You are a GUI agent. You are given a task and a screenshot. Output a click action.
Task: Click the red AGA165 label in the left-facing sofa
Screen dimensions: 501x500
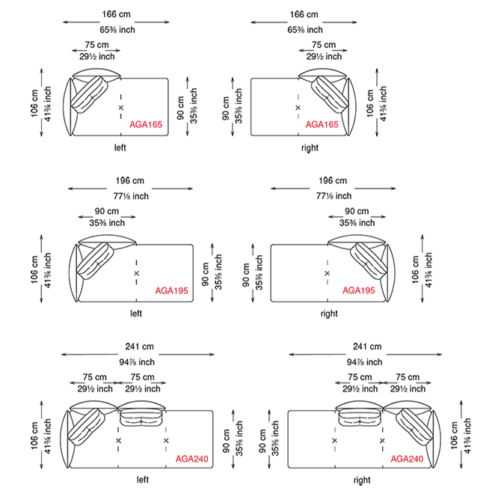point(146,124)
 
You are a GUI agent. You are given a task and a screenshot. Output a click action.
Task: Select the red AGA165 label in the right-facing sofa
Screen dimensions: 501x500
point(322,124)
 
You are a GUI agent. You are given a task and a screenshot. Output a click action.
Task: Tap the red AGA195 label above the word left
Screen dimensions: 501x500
point(171,290)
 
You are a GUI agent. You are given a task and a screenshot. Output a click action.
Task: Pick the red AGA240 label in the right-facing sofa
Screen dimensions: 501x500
point(407,459)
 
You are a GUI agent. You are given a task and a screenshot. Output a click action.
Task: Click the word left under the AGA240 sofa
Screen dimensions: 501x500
point(143,480)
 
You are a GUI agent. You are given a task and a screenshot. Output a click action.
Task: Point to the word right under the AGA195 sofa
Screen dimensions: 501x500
point(329,314)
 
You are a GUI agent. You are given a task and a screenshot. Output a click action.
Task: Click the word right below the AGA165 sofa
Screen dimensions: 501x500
point(310,147)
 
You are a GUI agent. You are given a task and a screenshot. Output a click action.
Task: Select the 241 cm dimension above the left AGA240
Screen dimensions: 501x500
point(139,347)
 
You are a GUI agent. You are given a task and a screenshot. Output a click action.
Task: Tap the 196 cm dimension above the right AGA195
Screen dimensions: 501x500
point(333,180)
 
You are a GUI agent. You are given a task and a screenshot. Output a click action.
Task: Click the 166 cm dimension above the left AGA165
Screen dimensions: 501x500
point(117,14)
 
